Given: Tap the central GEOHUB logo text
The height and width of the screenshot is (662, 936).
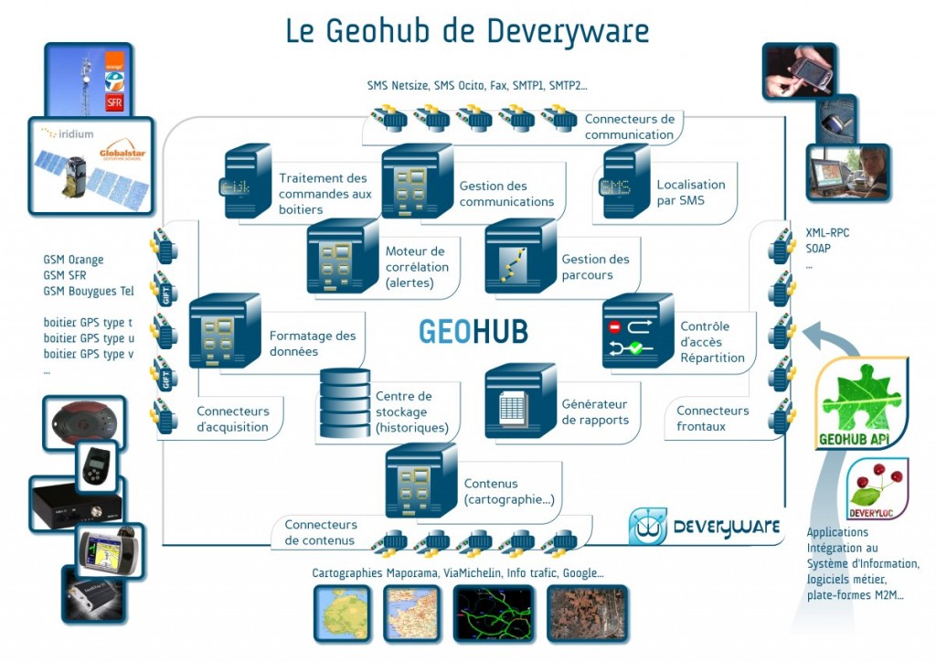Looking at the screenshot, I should click(473, 331).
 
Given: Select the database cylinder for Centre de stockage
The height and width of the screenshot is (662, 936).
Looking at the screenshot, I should click(345, 403).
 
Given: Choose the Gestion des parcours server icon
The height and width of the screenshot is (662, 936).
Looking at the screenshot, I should click(519, 256).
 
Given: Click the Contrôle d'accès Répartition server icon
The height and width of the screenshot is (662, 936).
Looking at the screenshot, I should click(637, 332).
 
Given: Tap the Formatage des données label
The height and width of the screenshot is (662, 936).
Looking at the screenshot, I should click(313, 344).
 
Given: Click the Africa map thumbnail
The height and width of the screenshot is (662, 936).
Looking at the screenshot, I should click(342, 614).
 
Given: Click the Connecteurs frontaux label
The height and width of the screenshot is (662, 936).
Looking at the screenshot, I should click(712, 418).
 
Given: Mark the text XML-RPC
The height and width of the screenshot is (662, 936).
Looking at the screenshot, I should click(827, 232).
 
